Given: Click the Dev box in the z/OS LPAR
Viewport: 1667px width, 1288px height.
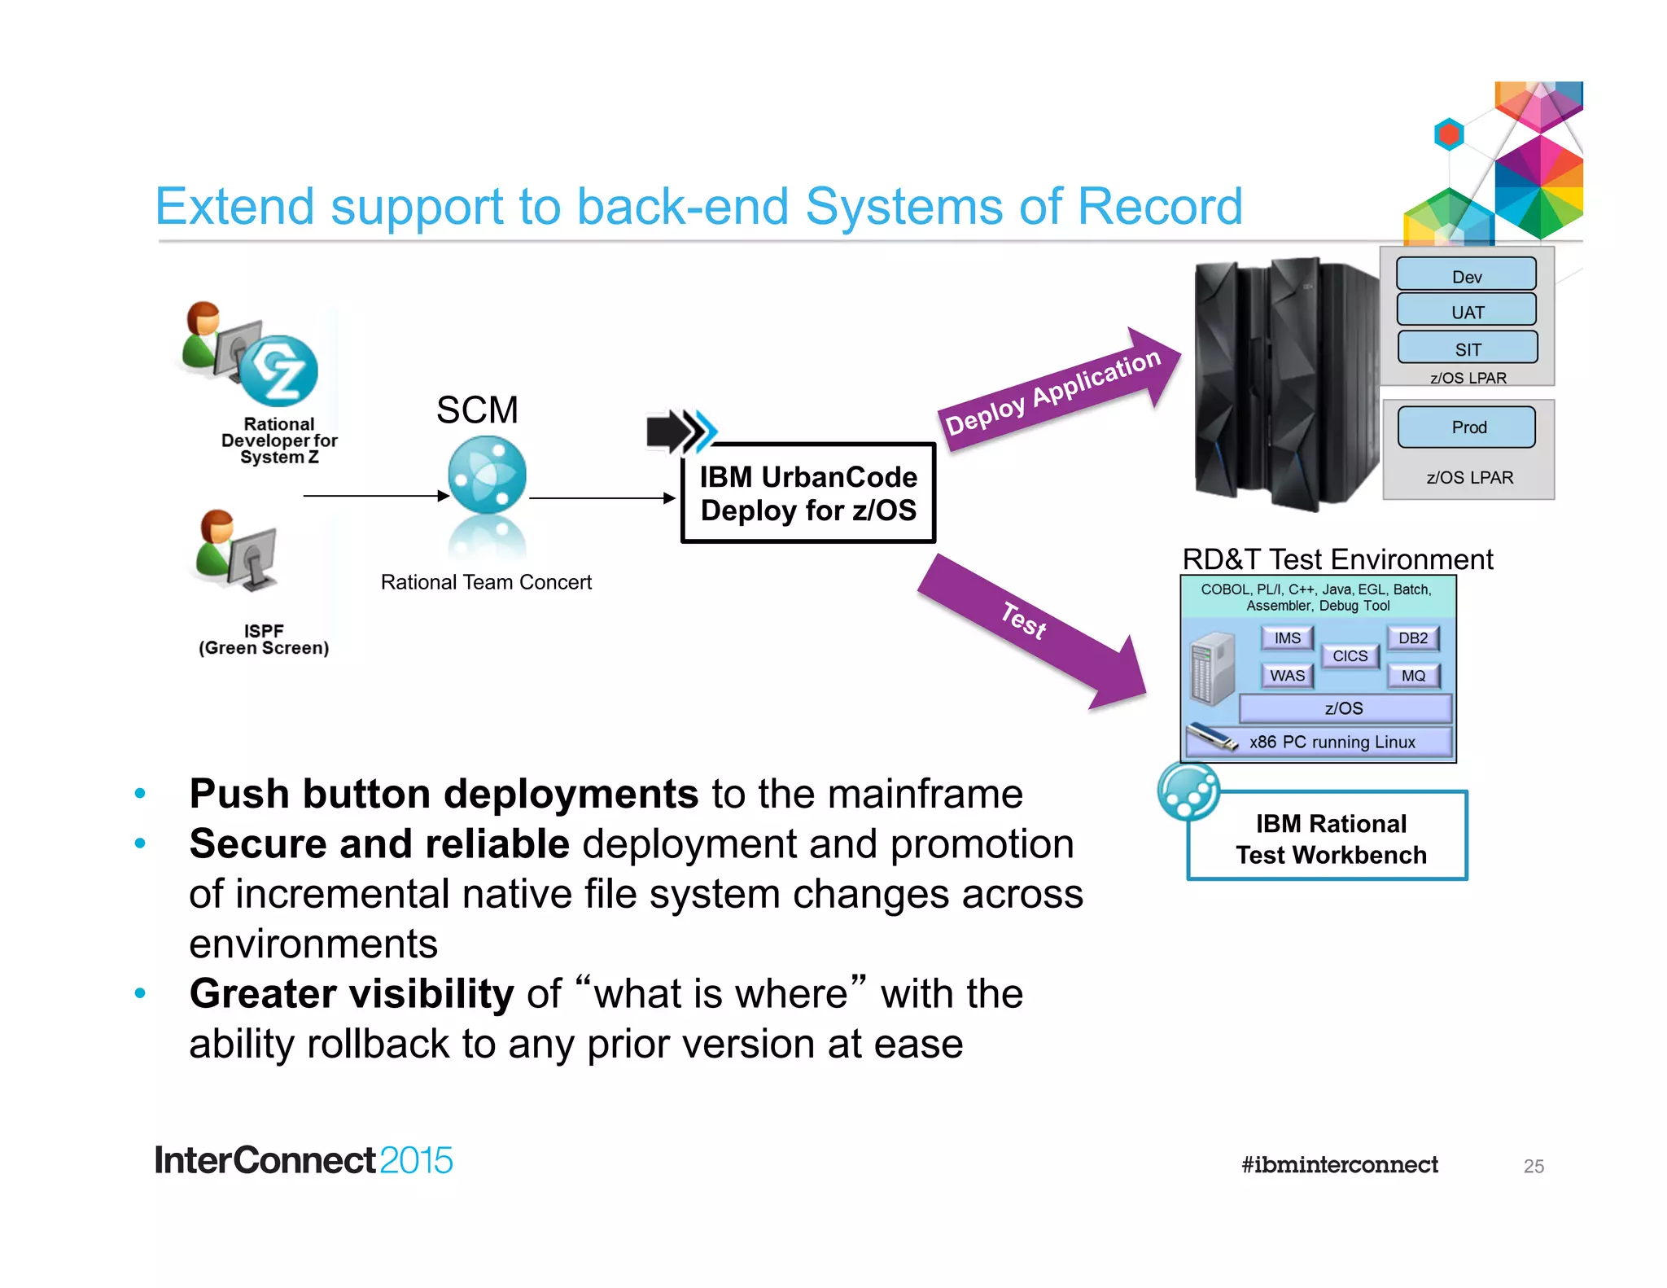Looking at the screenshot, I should pyautogui.click(x=1466, y=274).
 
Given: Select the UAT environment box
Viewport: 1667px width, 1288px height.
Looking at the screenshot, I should pyautogui.click(x=1466, y=310).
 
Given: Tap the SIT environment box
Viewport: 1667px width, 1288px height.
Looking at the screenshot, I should pyautogui.click(x=1467, y=348).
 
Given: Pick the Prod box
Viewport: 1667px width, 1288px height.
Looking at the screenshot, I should pyautogui.click(x=1467, y=427).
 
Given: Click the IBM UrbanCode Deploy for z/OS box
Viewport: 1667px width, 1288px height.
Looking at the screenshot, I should pyautogui.click(x=807, y=493).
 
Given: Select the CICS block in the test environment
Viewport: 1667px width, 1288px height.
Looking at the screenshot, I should pyautogui.click(x=1350, y=655).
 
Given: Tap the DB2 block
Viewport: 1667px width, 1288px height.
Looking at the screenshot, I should pyautogui.click(x=1412, y=638).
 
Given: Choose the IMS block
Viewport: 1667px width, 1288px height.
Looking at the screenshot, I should pyautogui.click(x=1287, y=638).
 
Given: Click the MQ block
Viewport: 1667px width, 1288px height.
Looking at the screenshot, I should pyautogui.click(x=1413, y=676).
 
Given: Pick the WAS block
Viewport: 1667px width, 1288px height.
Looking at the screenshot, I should pyautogui.click(x=1287, y=676).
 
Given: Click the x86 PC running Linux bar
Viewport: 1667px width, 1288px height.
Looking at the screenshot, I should pyautogui.click(x=1332, y=742).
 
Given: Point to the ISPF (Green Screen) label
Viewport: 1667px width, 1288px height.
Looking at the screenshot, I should pyautogui.click(x=264, y=640).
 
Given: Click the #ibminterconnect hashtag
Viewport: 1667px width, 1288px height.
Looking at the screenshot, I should pyautogui.click(x=1339, y=1164).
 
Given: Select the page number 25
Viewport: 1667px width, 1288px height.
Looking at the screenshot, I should pyautogui.click(x=1533, y=1166).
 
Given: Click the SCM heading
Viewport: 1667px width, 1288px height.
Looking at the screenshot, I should pyautogui.click(x=477, y=410).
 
